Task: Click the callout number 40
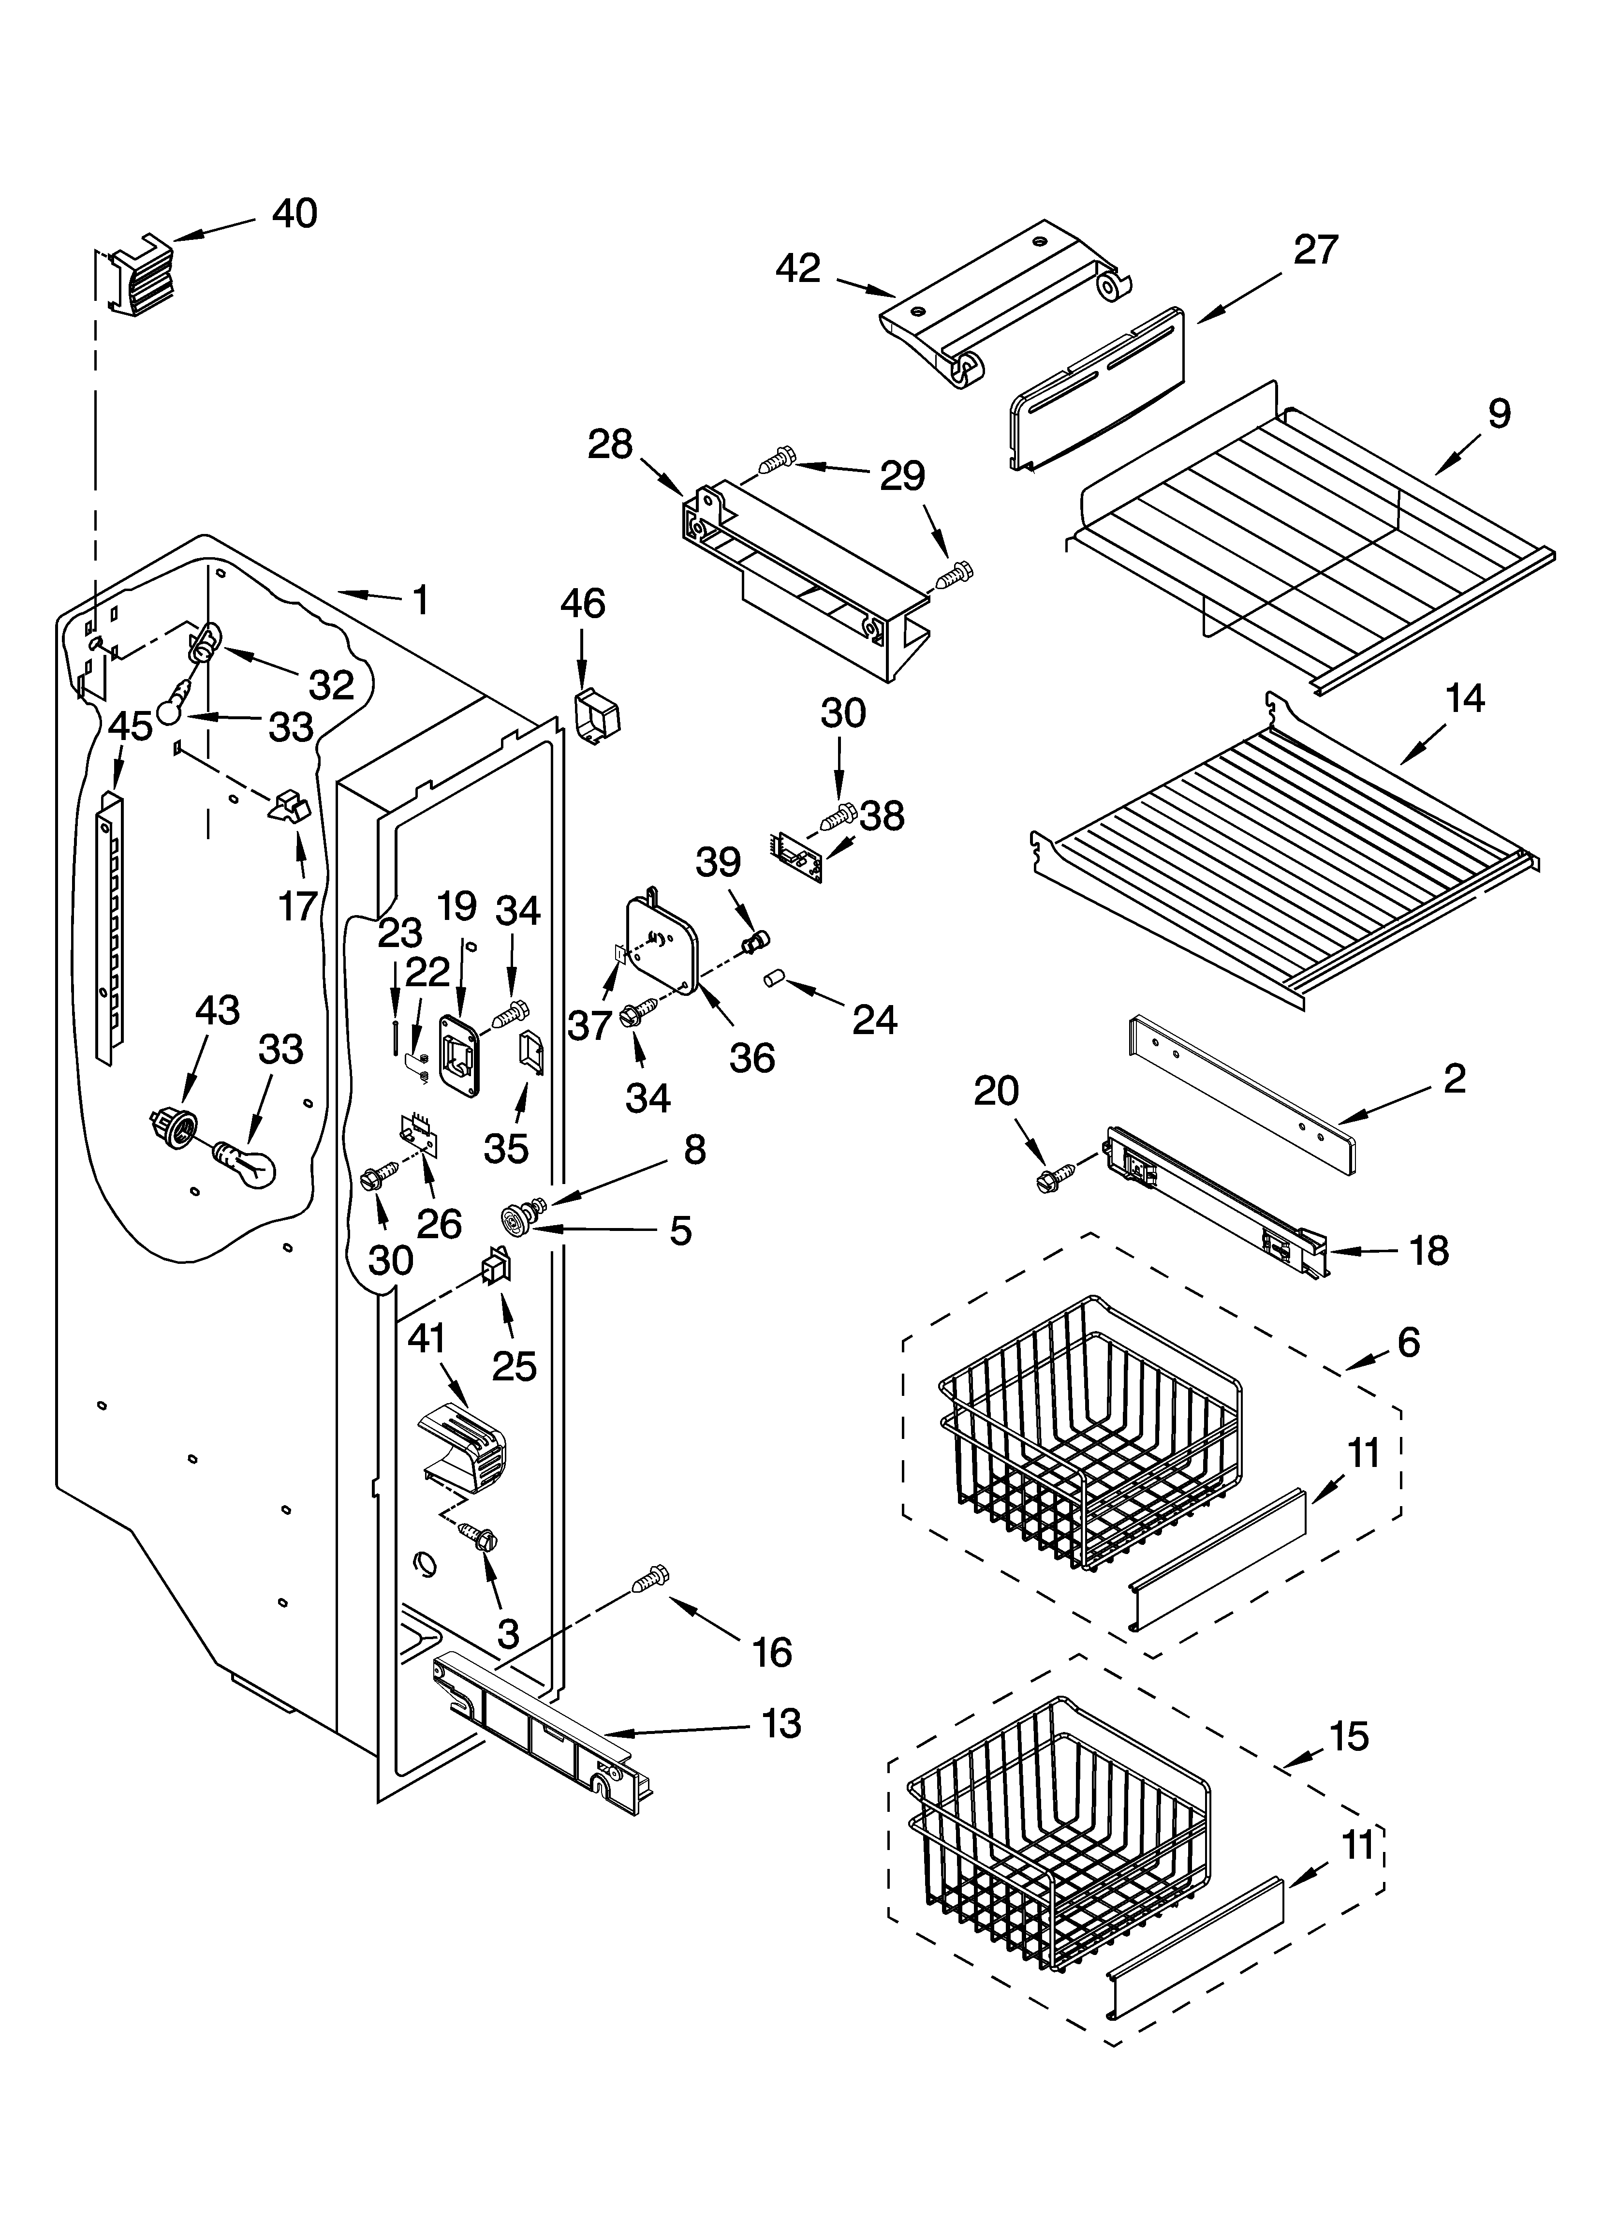pos(294,214)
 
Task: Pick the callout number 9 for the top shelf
pos(1499,413)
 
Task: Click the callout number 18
pos(1428,1251)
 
